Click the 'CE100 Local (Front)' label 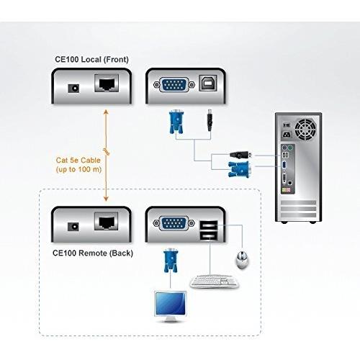point(91,59)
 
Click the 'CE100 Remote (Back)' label point(93,253)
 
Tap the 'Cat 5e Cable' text point(78,160)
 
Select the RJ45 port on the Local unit point(107,83)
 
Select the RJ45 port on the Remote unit point(107,221)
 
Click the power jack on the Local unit point(73,88)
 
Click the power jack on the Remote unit point(73,227)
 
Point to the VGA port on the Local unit point(174,85)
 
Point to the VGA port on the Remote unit point(174,223)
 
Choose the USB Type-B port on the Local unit point(208,83)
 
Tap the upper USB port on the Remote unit point(209,225)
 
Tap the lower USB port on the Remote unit point(209,236)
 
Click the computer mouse point(242,260)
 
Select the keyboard point(215,282)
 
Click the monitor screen point(170,304)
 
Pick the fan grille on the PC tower point(305,130)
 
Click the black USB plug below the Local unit point(210,120)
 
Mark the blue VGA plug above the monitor point(171,261)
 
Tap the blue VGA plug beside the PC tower point(240,169)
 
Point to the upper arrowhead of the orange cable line point(106,112)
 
